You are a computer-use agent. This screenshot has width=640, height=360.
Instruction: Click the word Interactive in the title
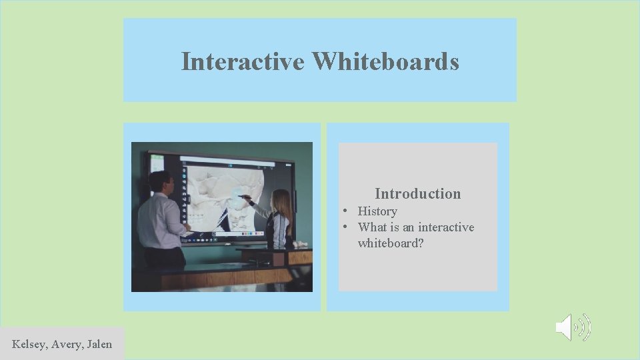point(243,61)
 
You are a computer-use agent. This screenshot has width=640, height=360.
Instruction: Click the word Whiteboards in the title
point(385,61)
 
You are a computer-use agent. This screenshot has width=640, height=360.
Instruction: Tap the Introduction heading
point(417,194)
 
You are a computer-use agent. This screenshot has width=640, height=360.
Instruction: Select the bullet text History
point(377,211)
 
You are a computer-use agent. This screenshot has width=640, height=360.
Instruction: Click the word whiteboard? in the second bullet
point(391,243)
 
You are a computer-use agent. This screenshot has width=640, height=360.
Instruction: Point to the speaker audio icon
point(573,327)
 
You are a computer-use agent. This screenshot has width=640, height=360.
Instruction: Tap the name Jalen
point(99,344)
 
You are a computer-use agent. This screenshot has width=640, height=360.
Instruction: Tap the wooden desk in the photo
point(220,273)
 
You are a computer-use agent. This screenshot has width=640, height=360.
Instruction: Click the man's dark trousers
point(164,259)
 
